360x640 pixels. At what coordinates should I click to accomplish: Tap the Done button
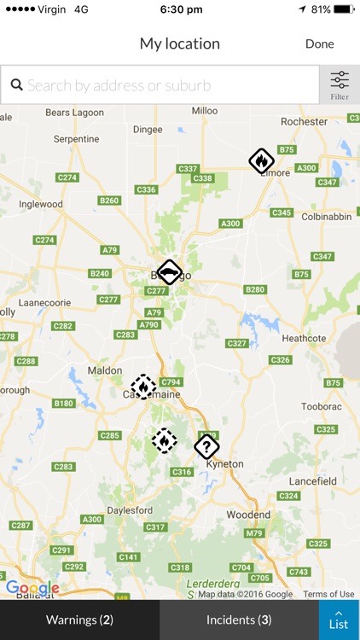tap(319, 44)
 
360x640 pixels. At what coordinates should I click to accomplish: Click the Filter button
tap(340, 85)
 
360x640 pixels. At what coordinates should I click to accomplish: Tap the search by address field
tap(162, 85)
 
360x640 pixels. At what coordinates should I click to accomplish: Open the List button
tap(339, 620)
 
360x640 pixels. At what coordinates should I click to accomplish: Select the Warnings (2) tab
tap(79, 620)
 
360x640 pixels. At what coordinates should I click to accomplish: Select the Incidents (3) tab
tap(239, 620)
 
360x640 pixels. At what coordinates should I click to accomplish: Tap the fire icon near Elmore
tap(262, 160)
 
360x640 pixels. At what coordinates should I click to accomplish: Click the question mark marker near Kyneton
tap(206, 445)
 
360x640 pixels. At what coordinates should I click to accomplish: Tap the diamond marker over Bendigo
tap(170, 273)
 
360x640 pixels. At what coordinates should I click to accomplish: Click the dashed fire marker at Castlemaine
tap(143, 387)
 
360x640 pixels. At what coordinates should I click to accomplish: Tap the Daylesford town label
tap(131, 510)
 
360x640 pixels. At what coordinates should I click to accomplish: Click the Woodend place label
tap(248, 515)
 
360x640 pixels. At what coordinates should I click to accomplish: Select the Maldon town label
tap(106, 370)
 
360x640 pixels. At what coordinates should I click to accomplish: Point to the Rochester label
tap(304, 122)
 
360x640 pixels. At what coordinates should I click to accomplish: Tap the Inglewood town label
tap(42, 205)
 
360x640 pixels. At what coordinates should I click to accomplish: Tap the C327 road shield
tap(237, 343)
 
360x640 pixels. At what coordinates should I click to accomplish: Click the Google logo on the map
tap(32, 588)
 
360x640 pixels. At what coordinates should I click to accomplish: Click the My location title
tap(180, 44)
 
